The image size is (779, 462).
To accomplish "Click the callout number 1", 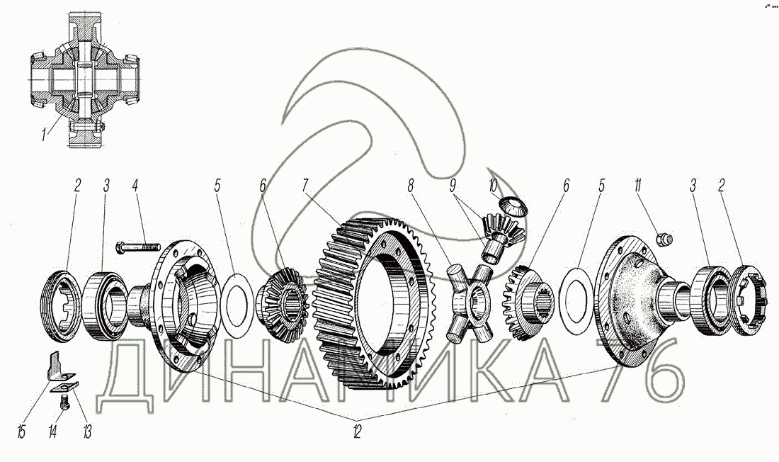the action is coord(44,134).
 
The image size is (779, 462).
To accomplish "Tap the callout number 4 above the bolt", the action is coord(133,187).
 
